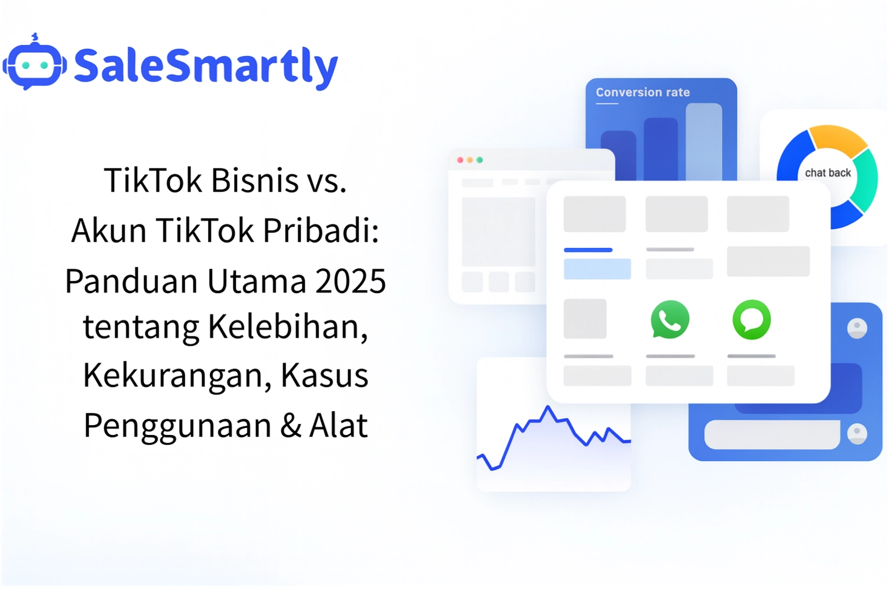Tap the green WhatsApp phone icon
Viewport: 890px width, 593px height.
click(670, 319)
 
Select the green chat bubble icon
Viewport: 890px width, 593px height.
click(752, 319)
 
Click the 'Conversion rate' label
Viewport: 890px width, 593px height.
click(643, 92)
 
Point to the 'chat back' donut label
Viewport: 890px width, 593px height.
click(827, 173)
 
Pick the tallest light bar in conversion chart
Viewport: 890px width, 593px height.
click(703, 142)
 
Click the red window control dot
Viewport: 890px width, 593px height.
click(460, 160)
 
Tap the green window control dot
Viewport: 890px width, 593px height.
click(480, 160)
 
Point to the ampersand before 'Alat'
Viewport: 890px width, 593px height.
click(290, 426)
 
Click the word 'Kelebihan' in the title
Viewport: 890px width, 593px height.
click(288, 326)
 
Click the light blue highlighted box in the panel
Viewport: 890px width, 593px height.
click(597, 269)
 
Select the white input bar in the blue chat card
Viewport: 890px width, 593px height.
click(771, 434)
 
